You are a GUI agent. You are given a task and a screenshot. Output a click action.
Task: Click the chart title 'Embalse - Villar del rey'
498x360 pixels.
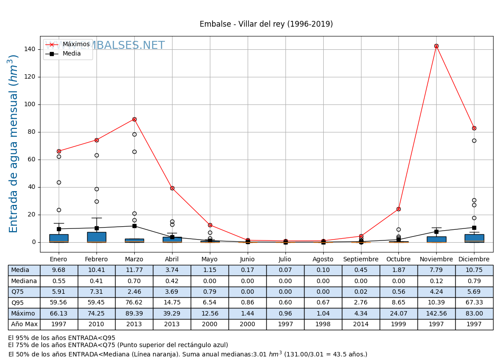click(266, 24)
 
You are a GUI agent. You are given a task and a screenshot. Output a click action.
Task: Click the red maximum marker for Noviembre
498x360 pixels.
click(436, 46)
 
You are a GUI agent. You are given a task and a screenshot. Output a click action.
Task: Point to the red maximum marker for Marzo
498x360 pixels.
click(134, 119)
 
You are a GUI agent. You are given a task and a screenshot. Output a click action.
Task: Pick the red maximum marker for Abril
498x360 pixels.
click(172, 188)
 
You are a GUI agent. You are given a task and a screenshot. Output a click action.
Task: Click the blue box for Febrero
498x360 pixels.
click(96, 237)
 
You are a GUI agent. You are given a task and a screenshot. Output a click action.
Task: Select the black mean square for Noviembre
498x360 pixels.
click(436, 232)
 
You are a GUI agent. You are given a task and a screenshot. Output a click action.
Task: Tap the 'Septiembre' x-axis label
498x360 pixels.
click(361, 260)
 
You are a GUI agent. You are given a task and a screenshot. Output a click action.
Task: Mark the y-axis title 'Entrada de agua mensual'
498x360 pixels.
click(14, 144)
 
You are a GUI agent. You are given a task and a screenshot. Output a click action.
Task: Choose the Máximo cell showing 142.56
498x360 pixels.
click(436, 314)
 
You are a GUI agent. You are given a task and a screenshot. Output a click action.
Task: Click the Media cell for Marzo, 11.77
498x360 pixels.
click(134, 270)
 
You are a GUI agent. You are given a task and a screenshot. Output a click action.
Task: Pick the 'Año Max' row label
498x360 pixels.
click(24, 324)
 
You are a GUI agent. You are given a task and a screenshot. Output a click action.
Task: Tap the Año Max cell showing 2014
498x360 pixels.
click(361, 324)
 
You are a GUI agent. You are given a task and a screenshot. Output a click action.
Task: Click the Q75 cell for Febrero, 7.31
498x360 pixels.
click(96, 292)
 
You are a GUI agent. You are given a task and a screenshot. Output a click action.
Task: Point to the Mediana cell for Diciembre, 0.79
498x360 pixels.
click(474, 281)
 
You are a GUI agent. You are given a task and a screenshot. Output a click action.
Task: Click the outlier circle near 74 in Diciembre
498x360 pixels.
click(474, 140)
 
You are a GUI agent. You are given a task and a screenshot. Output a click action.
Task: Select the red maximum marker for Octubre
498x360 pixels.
click(398, 209)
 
